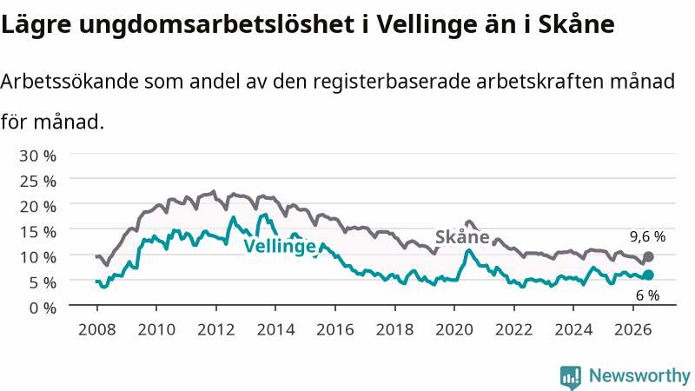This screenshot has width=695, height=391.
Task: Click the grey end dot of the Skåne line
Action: coord(648,256)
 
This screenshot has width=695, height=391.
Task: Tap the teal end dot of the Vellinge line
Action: coord(648,275)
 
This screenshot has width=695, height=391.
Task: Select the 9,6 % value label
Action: coord(647,237)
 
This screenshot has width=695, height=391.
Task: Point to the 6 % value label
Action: coord(647,295)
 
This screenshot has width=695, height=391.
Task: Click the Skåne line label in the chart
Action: coord(462,237)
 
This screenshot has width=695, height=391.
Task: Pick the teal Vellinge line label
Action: coord(280,246)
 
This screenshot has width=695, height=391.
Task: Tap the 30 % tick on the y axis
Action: coord(37,156)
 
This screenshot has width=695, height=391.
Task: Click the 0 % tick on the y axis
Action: coord(43,308)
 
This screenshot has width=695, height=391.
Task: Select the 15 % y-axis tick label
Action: coord(37,232)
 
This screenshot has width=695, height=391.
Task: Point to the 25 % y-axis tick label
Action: coord(37,182)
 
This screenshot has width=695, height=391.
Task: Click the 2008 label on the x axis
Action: coord(97,330)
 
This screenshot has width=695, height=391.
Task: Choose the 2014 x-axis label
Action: coord(275,330)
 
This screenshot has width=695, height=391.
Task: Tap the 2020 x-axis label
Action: coord(454,330)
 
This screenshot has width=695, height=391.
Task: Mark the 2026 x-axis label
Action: coord(633,330)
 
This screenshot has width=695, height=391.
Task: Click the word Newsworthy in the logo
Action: coord(639,376)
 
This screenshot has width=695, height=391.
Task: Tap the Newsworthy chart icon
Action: coord(571,377)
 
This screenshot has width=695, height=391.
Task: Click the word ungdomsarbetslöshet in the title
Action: coord(217,25)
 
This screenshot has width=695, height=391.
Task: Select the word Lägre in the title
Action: coord(36,25)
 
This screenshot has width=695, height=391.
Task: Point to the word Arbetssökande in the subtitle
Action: coord(69,82)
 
